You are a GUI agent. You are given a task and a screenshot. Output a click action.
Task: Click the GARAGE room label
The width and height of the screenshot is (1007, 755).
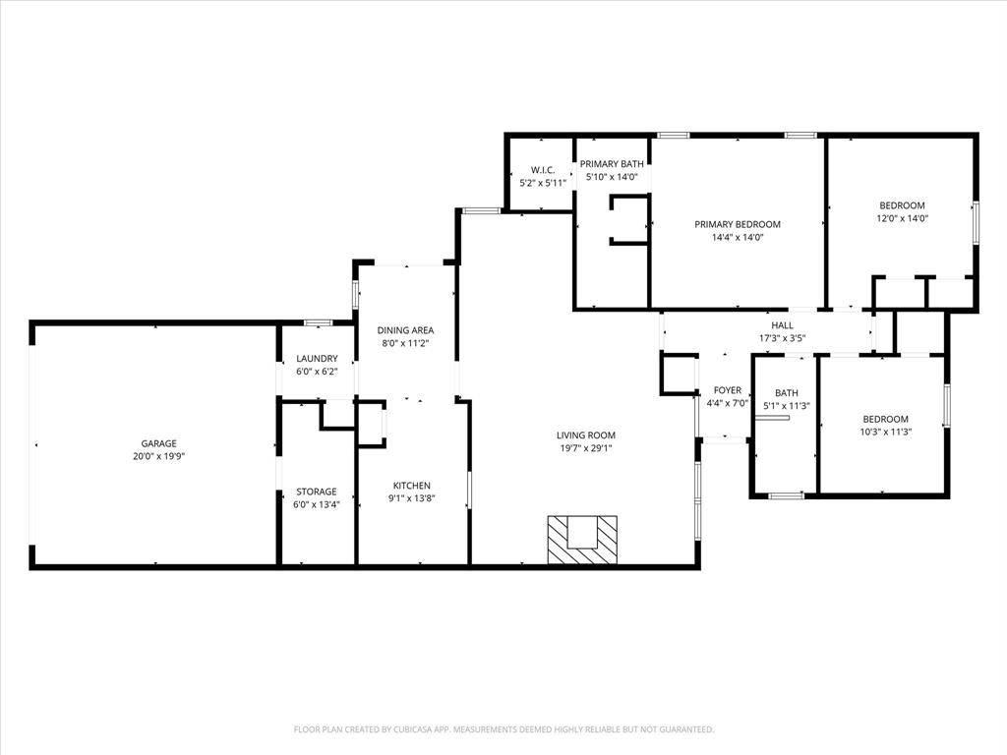click(x=158, y=443)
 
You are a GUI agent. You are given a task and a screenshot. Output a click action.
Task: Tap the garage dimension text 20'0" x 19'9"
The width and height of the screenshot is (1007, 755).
click(x=158, y=456)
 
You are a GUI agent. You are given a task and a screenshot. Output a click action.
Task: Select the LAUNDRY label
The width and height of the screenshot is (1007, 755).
click(x=317, y=359)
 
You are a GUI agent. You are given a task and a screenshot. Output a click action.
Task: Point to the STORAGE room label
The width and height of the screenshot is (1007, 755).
click(x=317, y=492)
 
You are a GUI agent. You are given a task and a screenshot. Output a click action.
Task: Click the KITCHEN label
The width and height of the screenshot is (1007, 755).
click(x=411, y=486)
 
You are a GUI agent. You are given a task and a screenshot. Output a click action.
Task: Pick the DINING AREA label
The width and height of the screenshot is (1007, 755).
click(x=405, y=330)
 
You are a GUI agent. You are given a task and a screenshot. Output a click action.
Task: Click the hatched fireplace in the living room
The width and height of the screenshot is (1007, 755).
click(x=584, y=539)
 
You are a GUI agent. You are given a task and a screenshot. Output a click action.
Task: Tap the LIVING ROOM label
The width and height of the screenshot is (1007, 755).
click(x=585, y=436)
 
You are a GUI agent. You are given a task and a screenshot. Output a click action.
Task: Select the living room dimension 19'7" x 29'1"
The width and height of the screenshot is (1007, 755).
click(x=585, y=448)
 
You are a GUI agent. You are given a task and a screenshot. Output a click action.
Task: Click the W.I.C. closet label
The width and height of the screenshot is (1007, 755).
click(x=544, y=170)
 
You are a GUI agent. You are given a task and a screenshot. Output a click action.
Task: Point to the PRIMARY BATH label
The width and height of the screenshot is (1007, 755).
click(x=612, y=164)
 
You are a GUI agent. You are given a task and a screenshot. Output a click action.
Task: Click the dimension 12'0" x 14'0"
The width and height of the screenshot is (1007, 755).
click(x=902, y=219)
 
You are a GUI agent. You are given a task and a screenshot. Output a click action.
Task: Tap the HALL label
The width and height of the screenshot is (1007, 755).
click(x=782, y=325)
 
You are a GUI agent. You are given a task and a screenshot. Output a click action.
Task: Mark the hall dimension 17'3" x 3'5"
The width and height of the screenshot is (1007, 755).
click(x=782, y=338)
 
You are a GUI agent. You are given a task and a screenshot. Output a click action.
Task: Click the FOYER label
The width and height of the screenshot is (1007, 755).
click(x=727, y=390)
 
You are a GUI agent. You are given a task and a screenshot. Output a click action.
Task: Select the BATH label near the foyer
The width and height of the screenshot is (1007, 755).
click(x=786, y=393)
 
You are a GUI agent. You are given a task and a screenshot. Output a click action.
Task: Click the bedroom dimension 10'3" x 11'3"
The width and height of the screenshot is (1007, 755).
click(x=885, y=432)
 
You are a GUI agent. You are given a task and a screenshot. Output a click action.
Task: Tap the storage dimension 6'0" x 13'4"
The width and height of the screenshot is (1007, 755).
click(x=317, y=504)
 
